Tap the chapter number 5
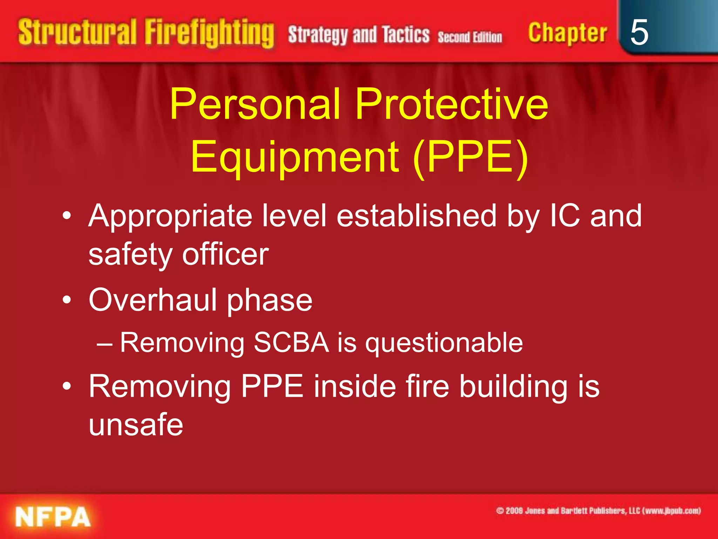639,32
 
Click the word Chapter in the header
567,33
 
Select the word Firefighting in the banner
209,33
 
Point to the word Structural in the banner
77,32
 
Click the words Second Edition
470,37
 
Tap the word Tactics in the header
406,35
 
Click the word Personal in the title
255,104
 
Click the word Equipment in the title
294,157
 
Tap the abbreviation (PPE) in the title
470,157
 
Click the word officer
225,254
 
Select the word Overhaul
153,300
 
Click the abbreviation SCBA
291,342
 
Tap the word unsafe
136,425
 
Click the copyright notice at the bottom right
598,511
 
